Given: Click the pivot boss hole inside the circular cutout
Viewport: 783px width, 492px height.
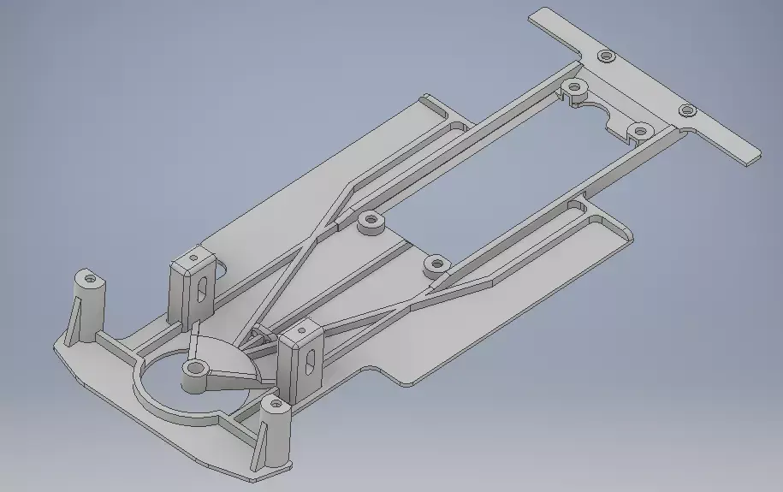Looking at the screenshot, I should [x=195, y=370].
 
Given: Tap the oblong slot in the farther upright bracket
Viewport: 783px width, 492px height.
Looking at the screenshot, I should [x=200, y=290].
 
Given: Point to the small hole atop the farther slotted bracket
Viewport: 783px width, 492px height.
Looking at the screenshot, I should [x=194, y=256].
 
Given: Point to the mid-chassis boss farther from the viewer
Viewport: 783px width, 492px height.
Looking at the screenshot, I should [x=371, y=221].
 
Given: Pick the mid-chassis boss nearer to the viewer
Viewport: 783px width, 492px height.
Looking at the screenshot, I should [x=436, y=264].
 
